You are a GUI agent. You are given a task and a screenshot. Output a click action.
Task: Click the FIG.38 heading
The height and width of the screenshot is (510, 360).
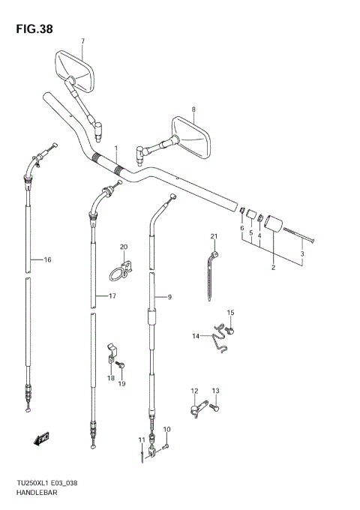point(34,29)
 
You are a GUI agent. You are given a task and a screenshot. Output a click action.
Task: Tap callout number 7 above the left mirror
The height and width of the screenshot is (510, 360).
point(83,41)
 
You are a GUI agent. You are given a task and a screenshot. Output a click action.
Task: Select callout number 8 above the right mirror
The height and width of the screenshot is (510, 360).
point(193,109)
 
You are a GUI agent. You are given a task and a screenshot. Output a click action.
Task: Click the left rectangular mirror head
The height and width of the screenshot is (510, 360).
point(75,70)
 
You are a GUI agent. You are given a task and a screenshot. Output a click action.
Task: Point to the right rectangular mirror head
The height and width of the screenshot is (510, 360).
point(191,137)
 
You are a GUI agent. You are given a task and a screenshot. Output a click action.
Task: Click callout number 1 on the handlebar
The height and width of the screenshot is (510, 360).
point(115,148)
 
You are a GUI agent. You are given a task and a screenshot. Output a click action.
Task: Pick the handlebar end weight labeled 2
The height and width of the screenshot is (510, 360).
point(274,224)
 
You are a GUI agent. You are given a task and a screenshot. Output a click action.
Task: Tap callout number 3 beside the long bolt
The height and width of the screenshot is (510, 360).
point(302,253)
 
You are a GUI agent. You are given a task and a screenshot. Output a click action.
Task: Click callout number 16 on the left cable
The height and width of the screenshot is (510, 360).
point(47,259)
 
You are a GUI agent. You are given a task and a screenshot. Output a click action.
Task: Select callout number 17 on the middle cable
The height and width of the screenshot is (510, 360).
point(112,295)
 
